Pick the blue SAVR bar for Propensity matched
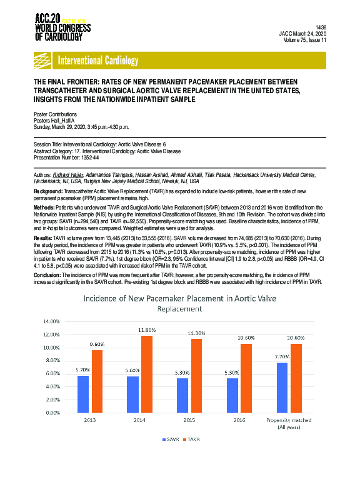coord(282,388)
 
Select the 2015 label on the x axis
coord(189,420)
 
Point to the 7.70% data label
coord(281,356)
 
